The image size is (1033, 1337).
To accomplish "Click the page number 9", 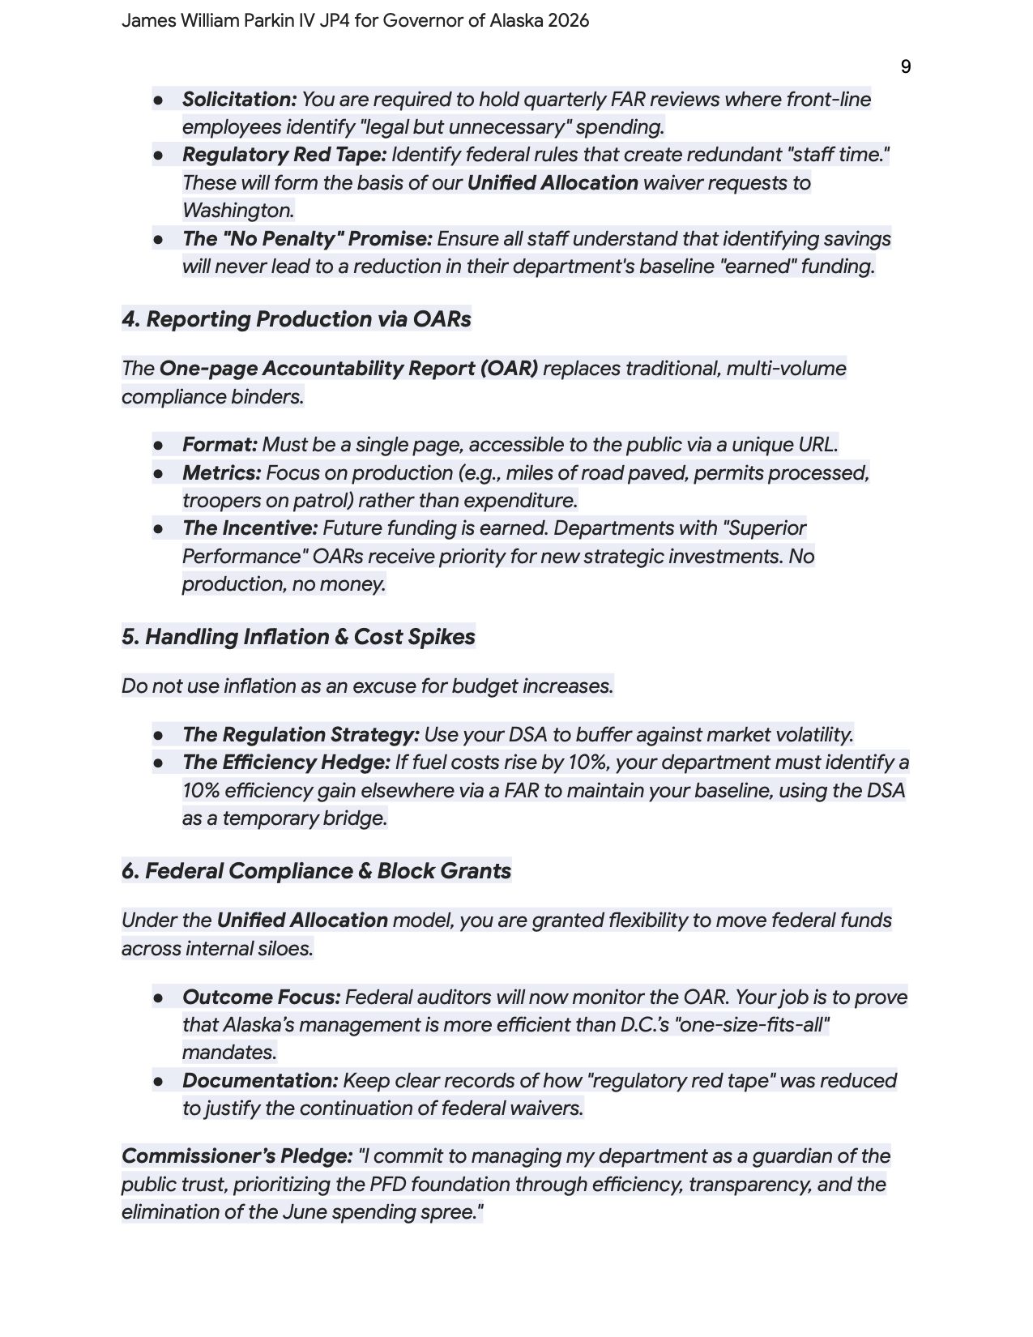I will [905, 66].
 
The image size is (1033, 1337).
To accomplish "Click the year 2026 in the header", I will [568, 20].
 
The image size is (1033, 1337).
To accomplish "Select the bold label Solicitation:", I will [239, 100].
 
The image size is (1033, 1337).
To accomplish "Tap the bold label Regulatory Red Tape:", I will [284, 155].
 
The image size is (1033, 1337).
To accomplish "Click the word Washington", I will [237, 211].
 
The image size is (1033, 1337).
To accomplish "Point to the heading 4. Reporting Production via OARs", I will [296, 319].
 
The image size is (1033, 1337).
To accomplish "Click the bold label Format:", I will [220, 445].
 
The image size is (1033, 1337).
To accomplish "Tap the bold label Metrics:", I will [221, 473].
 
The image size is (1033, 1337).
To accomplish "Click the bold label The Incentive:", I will [250, 528].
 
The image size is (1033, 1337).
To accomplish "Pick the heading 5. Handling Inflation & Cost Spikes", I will [298, 637].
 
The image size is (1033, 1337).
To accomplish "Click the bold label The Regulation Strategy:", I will [301, 735].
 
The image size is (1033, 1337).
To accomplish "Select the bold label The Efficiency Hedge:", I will [286, 762].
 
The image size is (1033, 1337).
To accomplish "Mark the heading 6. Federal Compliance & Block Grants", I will [316, 871].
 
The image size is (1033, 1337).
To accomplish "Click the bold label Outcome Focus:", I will [261, 997].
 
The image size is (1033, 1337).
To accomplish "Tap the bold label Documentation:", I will [260, 1081].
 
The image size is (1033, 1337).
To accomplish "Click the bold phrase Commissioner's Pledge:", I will [237, 1156].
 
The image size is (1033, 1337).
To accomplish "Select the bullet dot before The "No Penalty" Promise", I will [159, 239].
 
